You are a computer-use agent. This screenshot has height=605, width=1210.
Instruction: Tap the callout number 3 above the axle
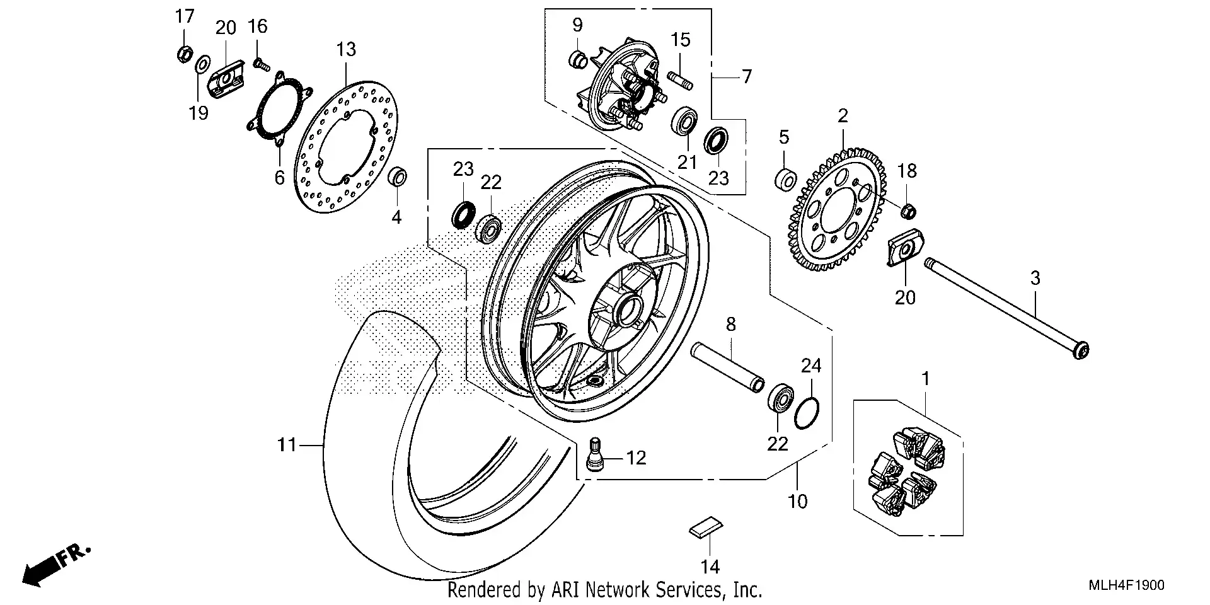(1035, 278)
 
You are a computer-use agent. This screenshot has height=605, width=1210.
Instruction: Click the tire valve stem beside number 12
(595, 454)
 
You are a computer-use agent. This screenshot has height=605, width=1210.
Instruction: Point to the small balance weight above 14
(706, 526)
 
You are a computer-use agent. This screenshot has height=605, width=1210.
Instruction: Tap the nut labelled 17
(184, 54)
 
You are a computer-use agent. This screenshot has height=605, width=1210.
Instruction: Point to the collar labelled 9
(578, 60)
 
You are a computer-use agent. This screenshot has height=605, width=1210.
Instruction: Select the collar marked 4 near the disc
(397, 177)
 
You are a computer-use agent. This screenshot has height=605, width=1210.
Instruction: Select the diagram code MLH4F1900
(1126, 585)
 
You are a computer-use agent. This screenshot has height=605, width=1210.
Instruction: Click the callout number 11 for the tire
(287, 445)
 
